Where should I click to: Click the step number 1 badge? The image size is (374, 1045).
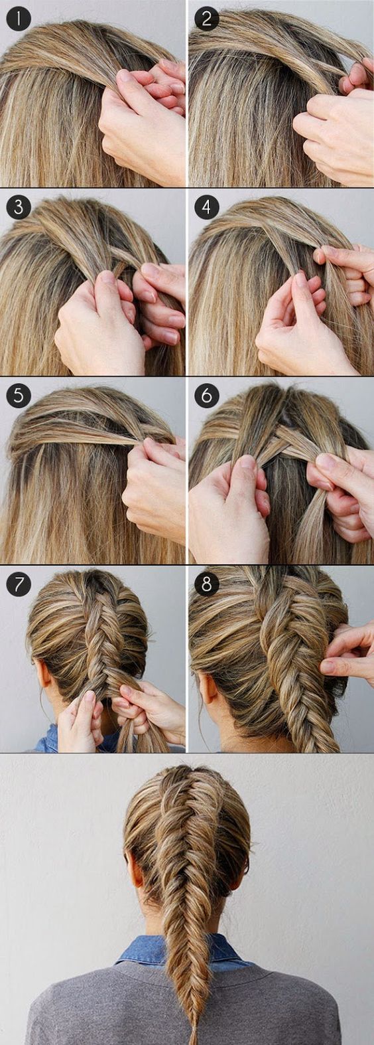click(x=19, y=19)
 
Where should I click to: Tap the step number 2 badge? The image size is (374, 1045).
click(x=207, y=19)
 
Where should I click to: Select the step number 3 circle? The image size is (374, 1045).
click(x=19, y=208)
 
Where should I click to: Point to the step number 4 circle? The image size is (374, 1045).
click(x=207, y=208)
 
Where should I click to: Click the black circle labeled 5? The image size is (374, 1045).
click(x=19, y=396)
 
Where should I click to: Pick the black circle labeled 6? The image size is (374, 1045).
click(x=207, y=396)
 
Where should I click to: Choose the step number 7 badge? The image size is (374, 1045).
click(x=19, y=584)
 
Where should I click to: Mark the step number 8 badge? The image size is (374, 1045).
click(x=207, y=584)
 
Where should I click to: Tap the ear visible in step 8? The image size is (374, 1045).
click(x=209, y=687)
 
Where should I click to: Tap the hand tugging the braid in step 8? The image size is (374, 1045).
click(x=348, y=654)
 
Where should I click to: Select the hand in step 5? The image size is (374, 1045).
click(x=154, y=485)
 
